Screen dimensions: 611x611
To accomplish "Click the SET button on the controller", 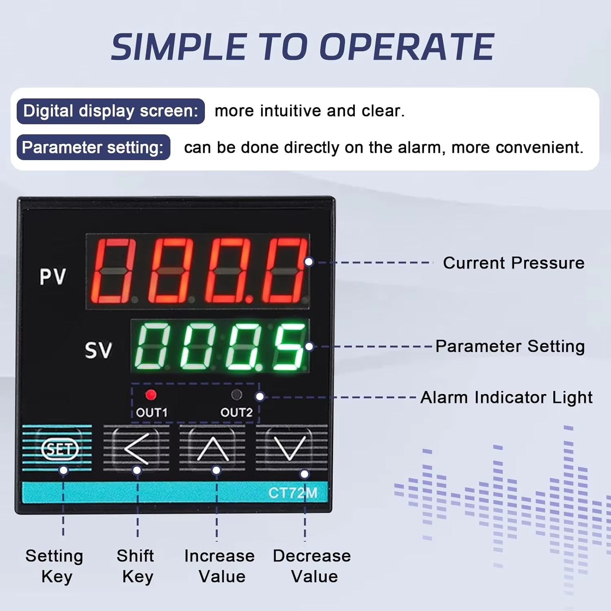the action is [59, 449].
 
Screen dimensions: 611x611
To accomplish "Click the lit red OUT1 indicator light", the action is [151, 394].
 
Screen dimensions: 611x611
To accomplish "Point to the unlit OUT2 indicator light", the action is [236, 394].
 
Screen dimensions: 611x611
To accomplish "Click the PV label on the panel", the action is [53, 277].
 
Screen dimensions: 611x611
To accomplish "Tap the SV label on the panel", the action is [98, 350].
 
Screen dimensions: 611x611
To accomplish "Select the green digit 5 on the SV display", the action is [289, 347].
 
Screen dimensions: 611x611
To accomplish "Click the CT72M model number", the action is [292, 493].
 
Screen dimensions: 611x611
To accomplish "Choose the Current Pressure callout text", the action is [514, 263].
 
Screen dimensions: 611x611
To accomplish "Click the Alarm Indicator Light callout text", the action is [506, 397].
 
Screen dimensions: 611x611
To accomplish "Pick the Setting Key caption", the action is [55, 566].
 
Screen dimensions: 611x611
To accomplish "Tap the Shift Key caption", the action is [136, 566].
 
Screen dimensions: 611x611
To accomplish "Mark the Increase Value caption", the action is [220, 566].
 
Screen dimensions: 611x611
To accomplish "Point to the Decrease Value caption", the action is [312, 566].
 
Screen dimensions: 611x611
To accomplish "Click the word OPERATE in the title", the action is [407, 47].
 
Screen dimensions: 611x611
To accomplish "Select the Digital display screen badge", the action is [110, 111].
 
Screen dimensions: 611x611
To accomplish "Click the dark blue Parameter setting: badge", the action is [93, 147].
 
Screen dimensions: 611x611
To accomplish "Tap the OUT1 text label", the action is [152, 413].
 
